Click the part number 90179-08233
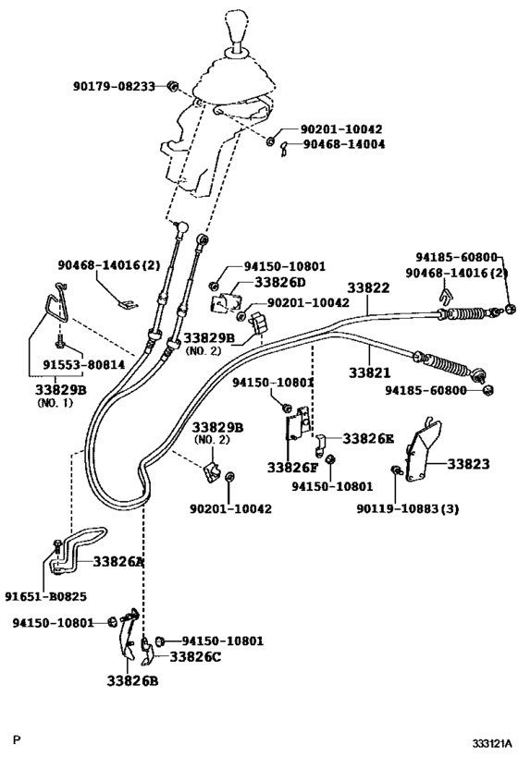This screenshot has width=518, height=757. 117,86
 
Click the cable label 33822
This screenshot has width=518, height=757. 368,288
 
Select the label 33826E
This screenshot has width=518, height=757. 368,438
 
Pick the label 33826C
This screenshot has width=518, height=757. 195,656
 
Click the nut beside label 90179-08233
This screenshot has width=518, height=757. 173,86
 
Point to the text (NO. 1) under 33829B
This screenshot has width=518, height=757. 56,404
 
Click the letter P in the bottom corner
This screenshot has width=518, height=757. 15,741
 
